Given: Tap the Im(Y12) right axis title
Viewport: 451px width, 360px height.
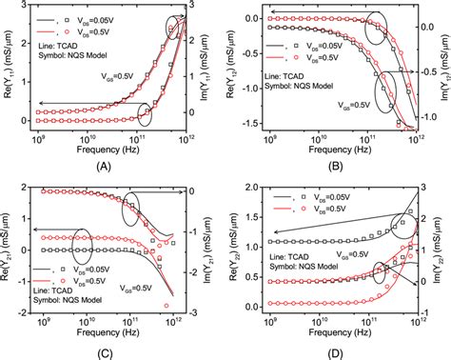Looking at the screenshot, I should [x=443, y=70].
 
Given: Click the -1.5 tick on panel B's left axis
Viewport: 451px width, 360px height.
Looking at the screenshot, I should [x=253, y=125].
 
